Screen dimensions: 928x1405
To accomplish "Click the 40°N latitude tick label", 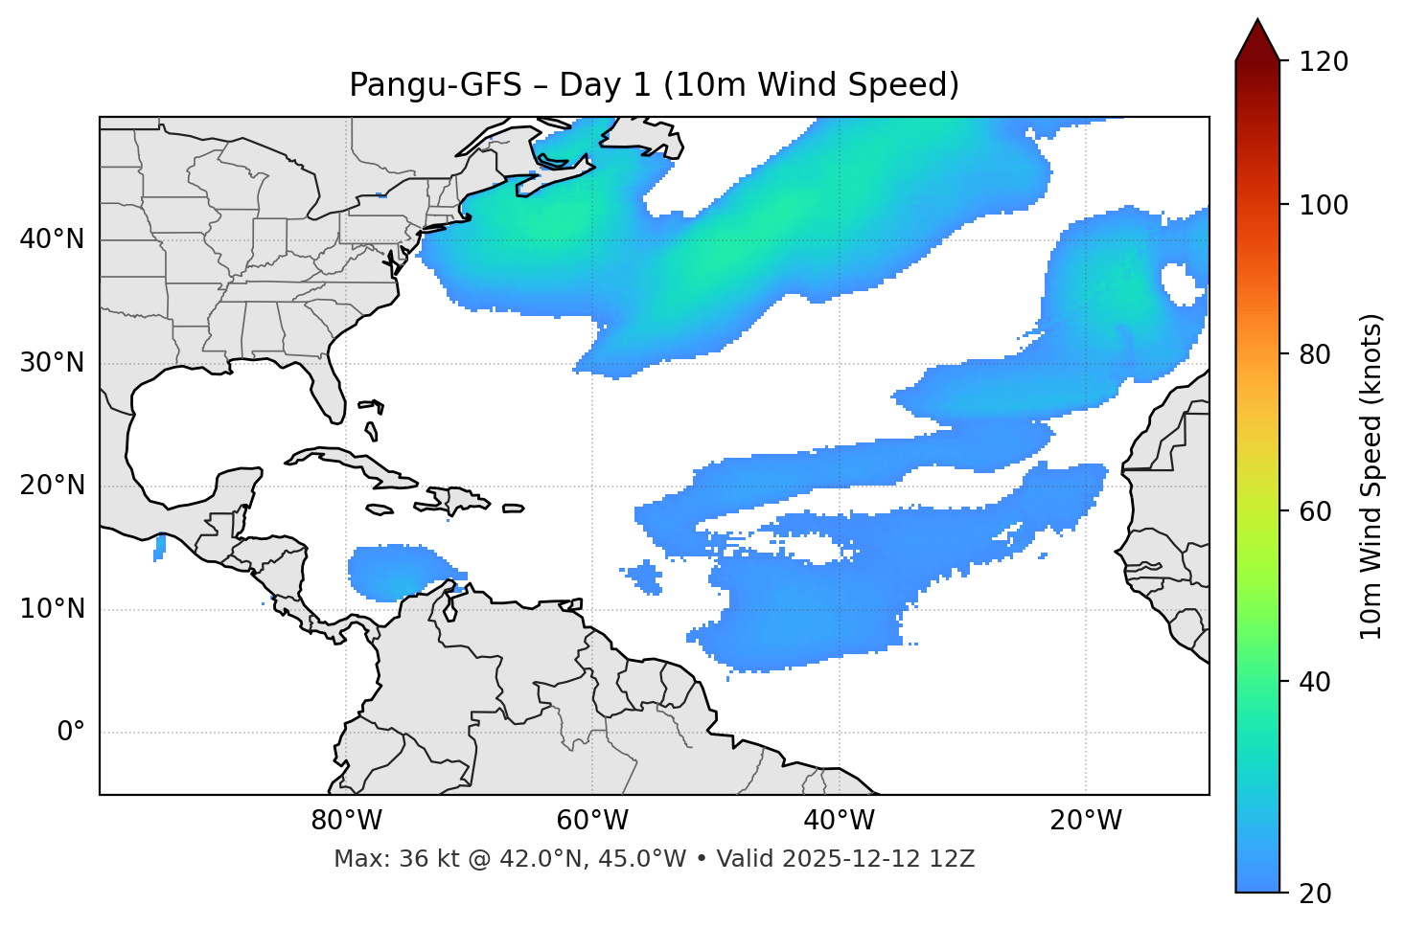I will (x=52, y=239).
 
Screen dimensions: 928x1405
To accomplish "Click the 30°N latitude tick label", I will (x=52, y=363).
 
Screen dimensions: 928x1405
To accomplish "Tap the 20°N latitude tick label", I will (x=52, y=486).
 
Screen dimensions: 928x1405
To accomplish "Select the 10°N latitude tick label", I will (x=52, y=609).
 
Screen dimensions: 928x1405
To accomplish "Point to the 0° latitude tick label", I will (x=71, y=733).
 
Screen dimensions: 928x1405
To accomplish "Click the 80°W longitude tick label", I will (x=346, y=821).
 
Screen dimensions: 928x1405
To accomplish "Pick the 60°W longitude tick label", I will (x=592, y=821).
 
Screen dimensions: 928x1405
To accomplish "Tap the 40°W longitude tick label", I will (x=839, y=821).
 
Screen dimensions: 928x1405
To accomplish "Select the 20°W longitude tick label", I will (x=1085, y=821).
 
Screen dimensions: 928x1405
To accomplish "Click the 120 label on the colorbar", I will (x=1324, y=62).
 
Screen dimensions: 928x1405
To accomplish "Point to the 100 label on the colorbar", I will (x=1324, y=205).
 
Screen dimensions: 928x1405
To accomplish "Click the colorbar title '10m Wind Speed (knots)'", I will (x=1371, y=476).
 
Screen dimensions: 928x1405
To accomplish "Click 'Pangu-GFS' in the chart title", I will (x=435, y=85).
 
